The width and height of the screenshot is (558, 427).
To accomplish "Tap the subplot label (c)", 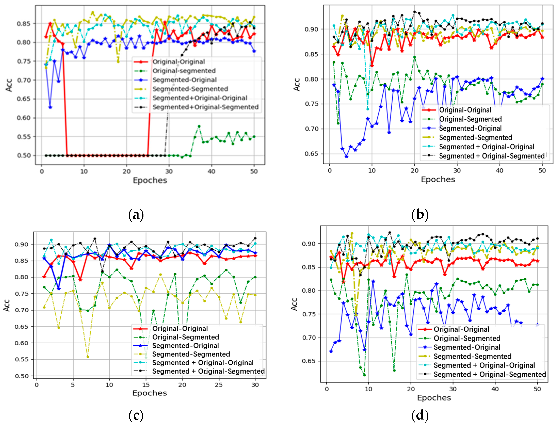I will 136,416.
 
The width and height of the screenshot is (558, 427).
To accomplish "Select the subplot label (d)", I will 420,416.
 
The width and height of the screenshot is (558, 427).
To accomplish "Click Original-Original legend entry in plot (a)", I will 179,62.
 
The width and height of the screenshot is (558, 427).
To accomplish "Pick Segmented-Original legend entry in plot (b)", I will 470,128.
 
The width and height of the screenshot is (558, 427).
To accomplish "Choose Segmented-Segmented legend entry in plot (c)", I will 191,354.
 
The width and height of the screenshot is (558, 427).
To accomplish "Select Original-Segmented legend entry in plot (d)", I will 467,338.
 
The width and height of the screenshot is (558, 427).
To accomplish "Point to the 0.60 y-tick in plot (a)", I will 24,118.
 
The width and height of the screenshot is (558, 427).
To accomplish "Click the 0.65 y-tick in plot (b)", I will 311,154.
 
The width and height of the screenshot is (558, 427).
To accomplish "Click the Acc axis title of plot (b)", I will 297,85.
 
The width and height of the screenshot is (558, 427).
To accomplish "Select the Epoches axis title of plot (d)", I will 434,398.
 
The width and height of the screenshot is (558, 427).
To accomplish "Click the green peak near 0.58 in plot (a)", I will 199,126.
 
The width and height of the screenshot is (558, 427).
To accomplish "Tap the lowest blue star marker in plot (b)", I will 346,157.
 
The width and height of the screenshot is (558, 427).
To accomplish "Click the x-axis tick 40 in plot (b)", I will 499,171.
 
